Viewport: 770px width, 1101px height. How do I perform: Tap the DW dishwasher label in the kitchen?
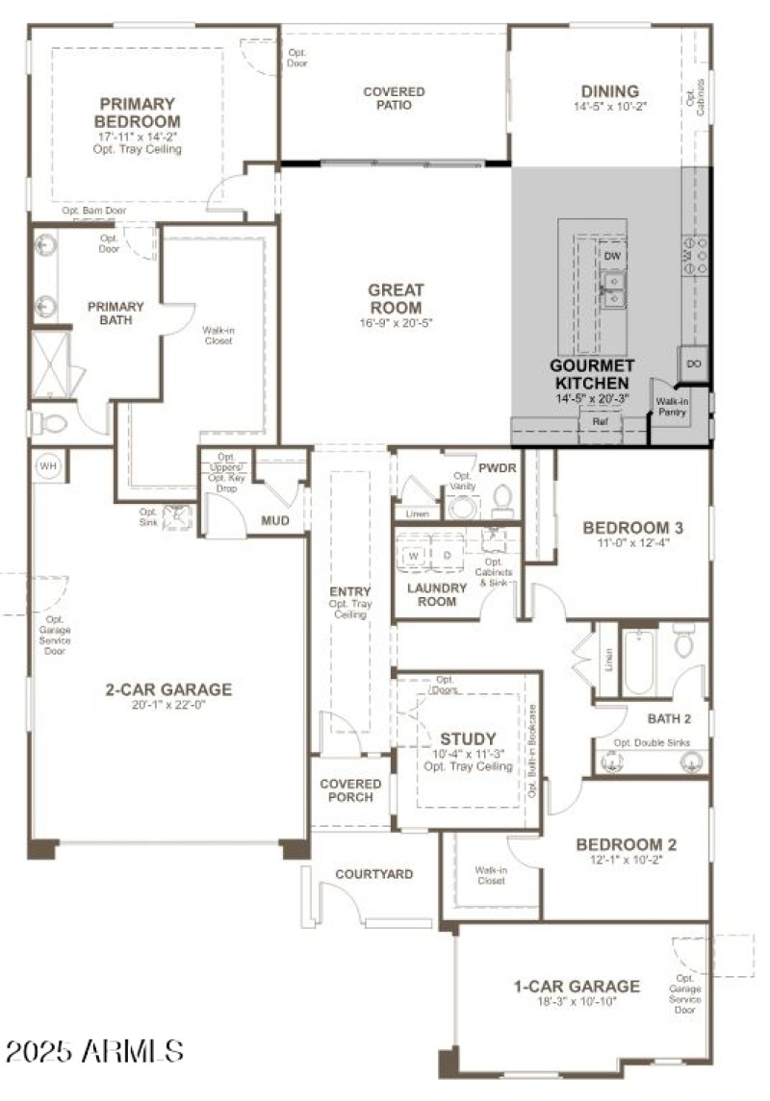(x=612, y=255)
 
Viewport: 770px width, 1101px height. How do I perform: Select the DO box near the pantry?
(x=695, y=363)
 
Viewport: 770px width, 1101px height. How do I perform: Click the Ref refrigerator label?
(x=600, y=421)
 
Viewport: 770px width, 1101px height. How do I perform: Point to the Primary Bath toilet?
(x=48, y=422)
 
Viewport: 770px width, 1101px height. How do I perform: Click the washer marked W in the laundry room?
(x=414, y=556)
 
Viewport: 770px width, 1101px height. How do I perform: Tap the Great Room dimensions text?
(x=395, y=323)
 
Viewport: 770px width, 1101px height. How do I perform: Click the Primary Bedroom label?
(x=137, y=113)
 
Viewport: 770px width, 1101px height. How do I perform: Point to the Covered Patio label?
(x=394, y=98)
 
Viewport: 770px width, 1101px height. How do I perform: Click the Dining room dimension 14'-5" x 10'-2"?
(x=610, y=107)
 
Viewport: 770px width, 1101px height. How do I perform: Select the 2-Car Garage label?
(x=168, y=688)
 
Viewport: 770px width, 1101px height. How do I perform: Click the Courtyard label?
(x=373, y=874)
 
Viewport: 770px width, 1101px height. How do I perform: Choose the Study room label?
(x=468, y=738)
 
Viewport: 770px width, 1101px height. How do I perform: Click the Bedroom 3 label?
(x=632, y=527)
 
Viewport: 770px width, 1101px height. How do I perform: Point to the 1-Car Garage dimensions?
(x=577, y=1002)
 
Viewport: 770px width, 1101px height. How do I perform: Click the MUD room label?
(x=275, y=521)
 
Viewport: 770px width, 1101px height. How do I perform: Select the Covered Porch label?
(x=350, y=790)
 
